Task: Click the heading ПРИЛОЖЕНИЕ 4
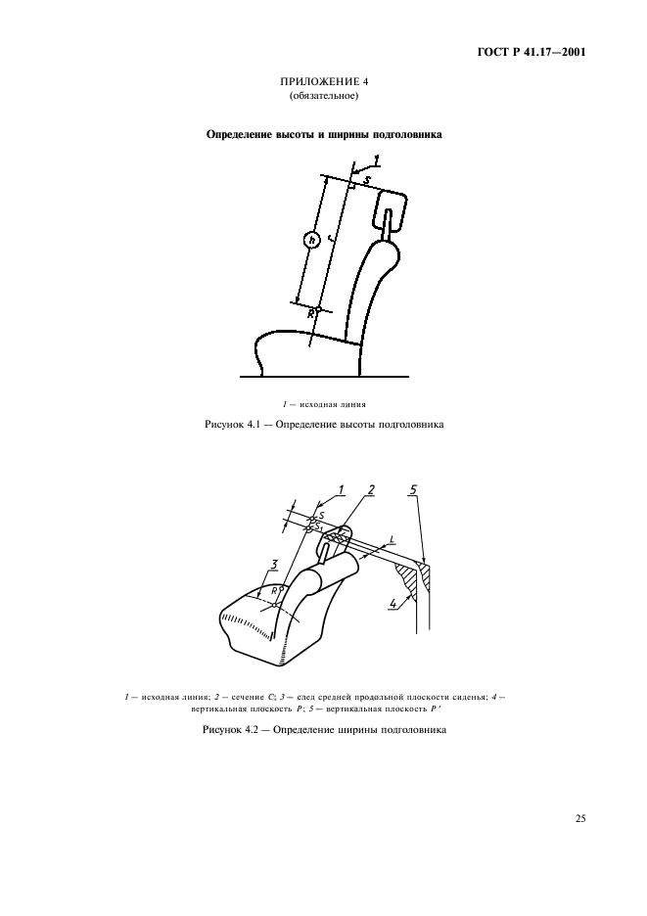pos(323,83)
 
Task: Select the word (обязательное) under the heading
pos(323,97)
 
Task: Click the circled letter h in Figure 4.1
pos(311,240)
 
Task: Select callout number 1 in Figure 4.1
pos(379,160)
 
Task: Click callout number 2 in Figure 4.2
pos(371,489)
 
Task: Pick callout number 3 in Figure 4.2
pos(275,565)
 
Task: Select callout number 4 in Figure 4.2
pos(393,604)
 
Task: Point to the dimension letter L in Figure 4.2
pos(392,539)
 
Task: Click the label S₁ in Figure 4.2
pos(318,527)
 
